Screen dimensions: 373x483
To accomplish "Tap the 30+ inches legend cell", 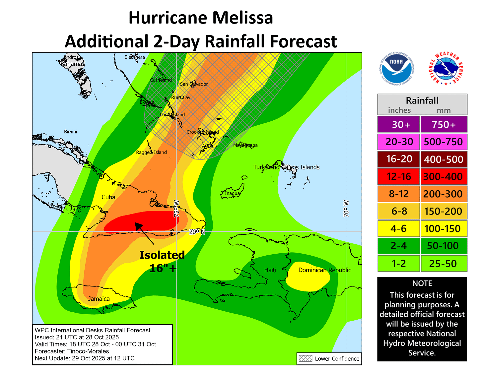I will click(399, 124).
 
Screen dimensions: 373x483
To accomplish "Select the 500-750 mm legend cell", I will click(444, 142).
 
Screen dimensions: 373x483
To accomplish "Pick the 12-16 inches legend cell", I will click(399, 176).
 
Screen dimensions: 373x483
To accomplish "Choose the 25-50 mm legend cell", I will click(444, 264).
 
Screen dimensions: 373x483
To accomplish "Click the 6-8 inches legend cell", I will click(399, 211).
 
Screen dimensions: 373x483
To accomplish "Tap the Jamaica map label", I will click(99, 299).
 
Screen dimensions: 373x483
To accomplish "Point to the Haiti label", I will click(270, 270).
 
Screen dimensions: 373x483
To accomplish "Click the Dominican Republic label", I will click(324, 270).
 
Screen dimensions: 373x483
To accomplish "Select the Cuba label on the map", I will click(108, 197).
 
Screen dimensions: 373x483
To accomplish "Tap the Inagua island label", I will click(232, 193).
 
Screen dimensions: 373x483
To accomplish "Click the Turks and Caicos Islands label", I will click(286, 167).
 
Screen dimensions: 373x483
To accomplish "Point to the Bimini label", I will click(70, 132).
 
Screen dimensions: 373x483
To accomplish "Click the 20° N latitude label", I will click(197, 232).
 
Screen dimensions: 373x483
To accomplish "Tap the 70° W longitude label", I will click(346, 209).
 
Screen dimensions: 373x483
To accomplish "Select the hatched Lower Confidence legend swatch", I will click(305, 358).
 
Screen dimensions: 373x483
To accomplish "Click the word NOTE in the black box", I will click(422, 283).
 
